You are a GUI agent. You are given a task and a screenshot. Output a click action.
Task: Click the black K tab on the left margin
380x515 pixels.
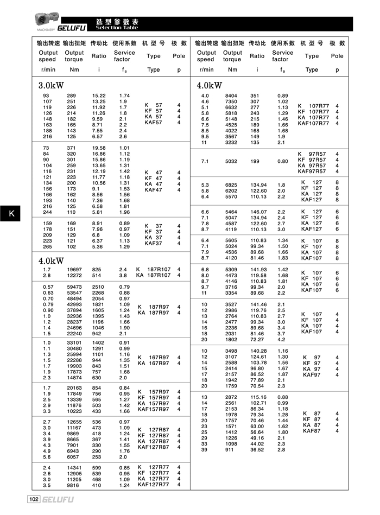(11, 214)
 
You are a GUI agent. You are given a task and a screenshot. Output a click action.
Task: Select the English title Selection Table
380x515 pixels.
(117, 27)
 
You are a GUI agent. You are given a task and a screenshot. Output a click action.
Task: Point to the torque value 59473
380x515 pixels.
(74, 287)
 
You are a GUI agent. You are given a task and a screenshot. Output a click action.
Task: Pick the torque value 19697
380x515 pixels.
(74, 270)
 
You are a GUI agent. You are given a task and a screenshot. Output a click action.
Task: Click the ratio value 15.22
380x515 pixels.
(99, 96)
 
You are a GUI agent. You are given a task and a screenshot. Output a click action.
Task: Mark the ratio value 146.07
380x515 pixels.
(258, 212)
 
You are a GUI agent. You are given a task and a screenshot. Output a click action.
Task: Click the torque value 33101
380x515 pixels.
(74, 343)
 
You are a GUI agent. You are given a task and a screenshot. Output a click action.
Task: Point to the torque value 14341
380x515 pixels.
(74, 468)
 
